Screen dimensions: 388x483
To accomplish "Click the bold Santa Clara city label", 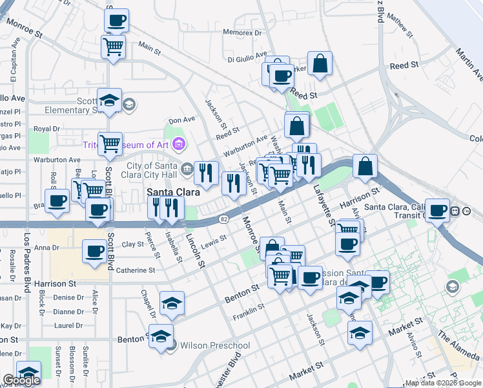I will point(173,192).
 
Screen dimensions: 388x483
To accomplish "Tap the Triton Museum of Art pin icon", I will point(179,143).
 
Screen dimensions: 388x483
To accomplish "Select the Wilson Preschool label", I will point(215,345).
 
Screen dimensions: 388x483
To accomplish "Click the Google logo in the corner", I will point(21,380).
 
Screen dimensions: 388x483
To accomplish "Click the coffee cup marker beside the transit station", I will point(438,210).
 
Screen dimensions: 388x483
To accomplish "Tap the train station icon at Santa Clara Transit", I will point(456,210).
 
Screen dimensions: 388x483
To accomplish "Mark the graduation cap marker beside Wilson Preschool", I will point(161,336).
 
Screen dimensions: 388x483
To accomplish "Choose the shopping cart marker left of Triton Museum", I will point(110,143).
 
